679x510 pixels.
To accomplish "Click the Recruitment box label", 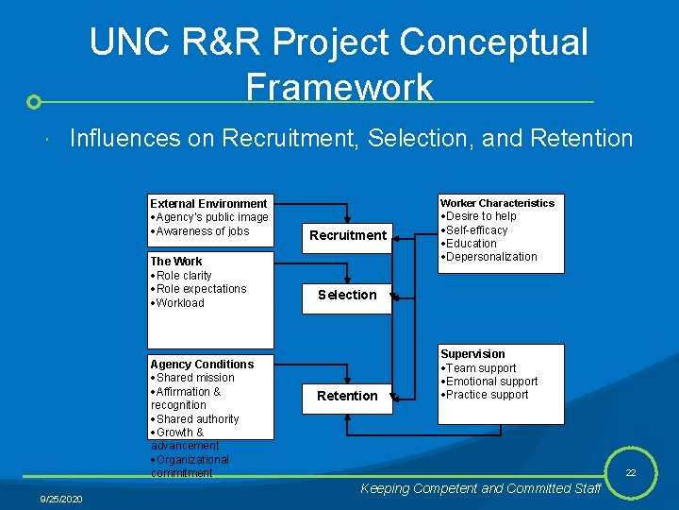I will coord(349,235).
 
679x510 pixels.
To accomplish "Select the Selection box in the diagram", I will coord(347,295).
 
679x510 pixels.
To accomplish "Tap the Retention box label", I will coord(347,396).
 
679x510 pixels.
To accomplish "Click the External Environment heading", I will coord(208,203).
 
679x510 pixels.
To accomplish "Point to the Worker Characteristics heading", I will coord(497,203).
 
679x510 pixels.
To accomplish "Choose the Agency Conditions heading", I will coord(202,365).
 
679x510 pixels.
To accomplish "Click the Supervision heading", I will coord(472,354).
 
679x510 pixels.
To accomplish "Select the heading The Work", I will coord(176,262).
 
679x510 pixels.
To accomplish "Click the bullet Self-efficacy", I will coord(476,230).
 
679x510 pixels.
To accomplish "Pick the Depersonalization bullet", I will coord(490,257).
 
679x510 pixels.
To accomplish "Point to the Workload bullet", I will coord(179,303).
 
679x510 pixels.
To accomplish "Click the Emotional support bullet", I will coord(491,382).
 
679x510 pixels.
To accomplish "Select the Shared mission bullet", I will coord(195,378).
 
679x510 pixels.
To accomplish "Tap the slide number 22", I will coord(629,472).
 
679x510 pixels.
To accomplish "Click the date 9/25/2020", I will coord(61,498).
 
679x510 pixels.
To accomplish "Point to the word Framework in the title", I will coord(339,87).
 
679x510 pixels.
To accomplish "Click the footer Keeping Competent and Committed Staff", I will coord(481,488).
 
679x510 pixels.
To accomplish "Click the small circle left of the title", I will coord(34,101).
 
